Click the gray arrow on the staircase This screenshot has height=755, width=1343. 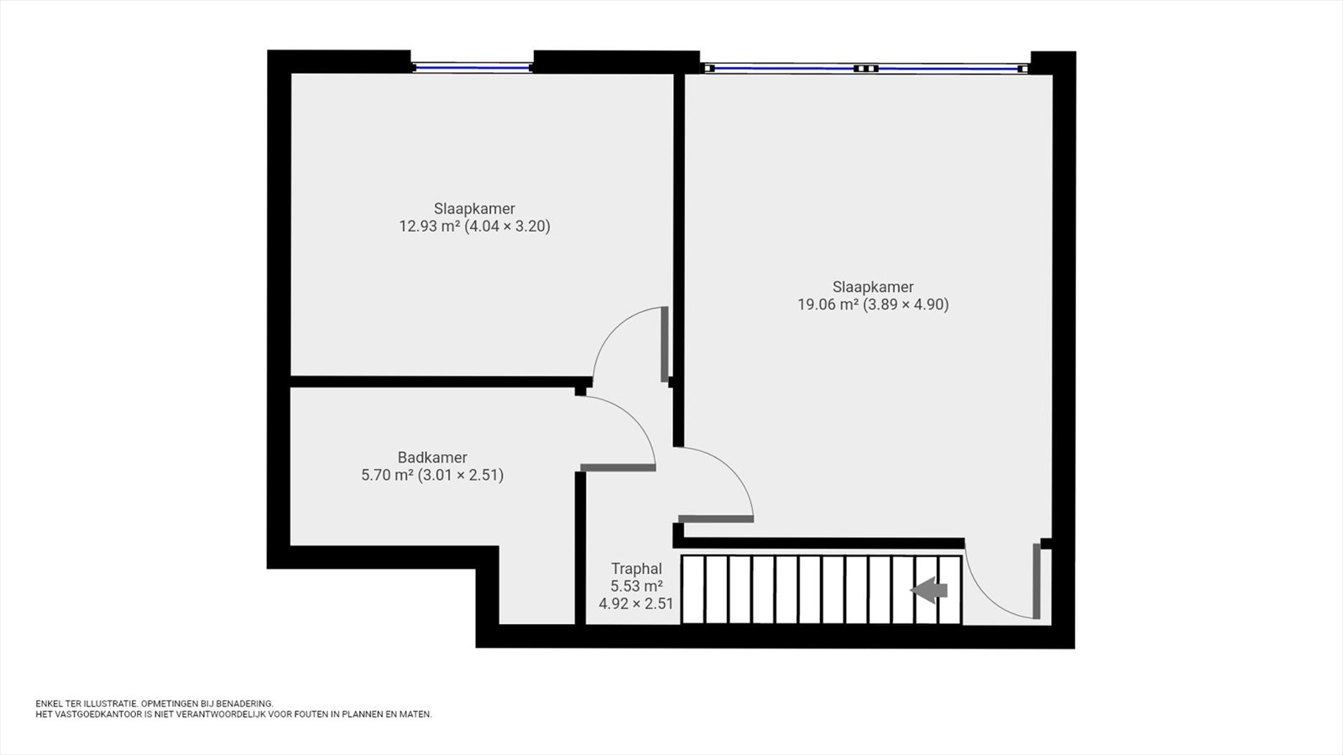coord(929,591)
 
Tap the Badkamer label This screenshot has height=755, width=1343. coord(432,457)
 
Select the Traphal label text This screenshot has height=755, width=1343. coord(636,569)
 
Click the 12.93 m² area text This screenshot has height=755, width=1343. coord(430,226)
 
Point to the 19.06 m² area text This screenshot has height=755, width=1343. coord(828,305)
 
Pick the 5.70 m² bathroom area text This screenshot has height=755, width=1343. coord(387,475)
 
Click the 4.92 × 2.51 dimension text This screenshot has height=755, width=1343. coord(636,603)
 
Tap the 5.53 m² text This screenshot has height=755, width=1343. coord(636,586)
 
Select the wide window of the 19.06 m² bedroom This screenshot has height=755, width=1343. coord(865,68)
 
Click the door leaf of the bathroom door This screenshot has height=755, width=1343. coord(618,467)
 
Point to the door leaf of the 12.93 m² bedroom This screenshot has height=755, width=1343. coord(664,345)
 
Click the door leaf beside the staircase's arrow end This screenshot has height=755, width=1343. coord(1036,581)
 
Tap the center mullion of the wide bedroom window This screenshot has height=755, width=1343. coord(865,68)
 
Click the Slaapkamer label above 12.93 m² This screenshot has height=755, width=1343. coord(474,209)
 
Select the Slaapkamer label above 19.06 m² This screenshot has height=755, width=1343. coord(873,287)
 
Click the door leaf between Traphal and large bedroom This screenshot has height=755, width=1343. coord(716,519)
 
